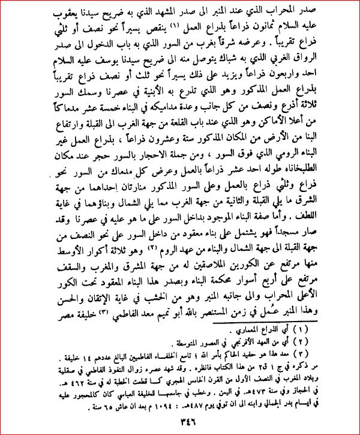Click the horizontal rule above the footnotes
click(x=180, y=322)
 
